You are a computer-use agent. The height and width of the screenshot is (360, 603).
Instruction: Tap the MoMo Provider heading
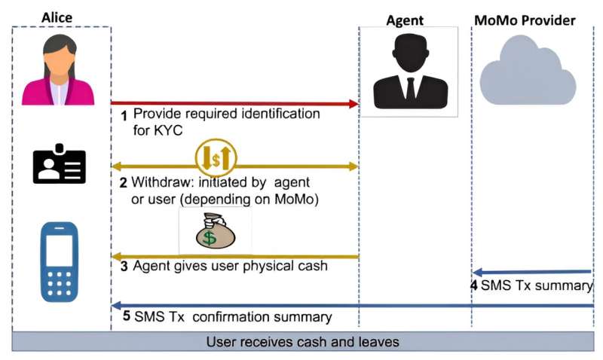coord(525,20)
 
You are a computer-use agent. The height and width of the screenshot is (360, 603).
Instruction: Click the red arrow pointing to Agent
coord(234,103)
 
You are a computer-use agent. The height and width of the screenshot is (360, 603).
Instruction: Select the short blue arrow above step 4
coord(532,272)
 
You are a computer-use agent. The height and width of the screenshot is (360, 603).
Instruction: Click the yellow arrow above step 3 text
coord(234,255)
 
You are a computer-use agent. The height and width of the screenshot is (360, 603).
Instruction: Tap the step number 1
coord(125,115)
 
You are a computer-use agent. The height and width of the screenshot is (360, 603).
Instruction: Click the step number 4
coord(474,286)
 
